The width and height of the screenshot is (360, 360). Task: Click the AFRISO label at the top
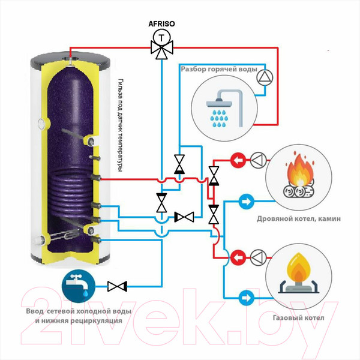click(160, 24)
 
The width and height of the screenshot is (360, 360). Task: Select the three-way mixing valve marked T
click(160, 45)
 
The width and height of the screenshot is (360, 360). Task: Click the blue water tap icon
click(76, 286)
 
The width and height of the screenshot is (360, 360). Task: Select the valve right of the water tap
click(116, 286)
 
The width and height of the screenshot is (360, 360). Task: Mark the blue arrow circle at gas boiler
click(245, 296)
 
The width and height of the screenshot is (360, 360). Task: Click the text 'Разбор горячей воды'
click(217, 70)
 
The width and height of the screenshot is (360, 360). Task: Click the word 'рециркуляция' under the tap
click(96, 321)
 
